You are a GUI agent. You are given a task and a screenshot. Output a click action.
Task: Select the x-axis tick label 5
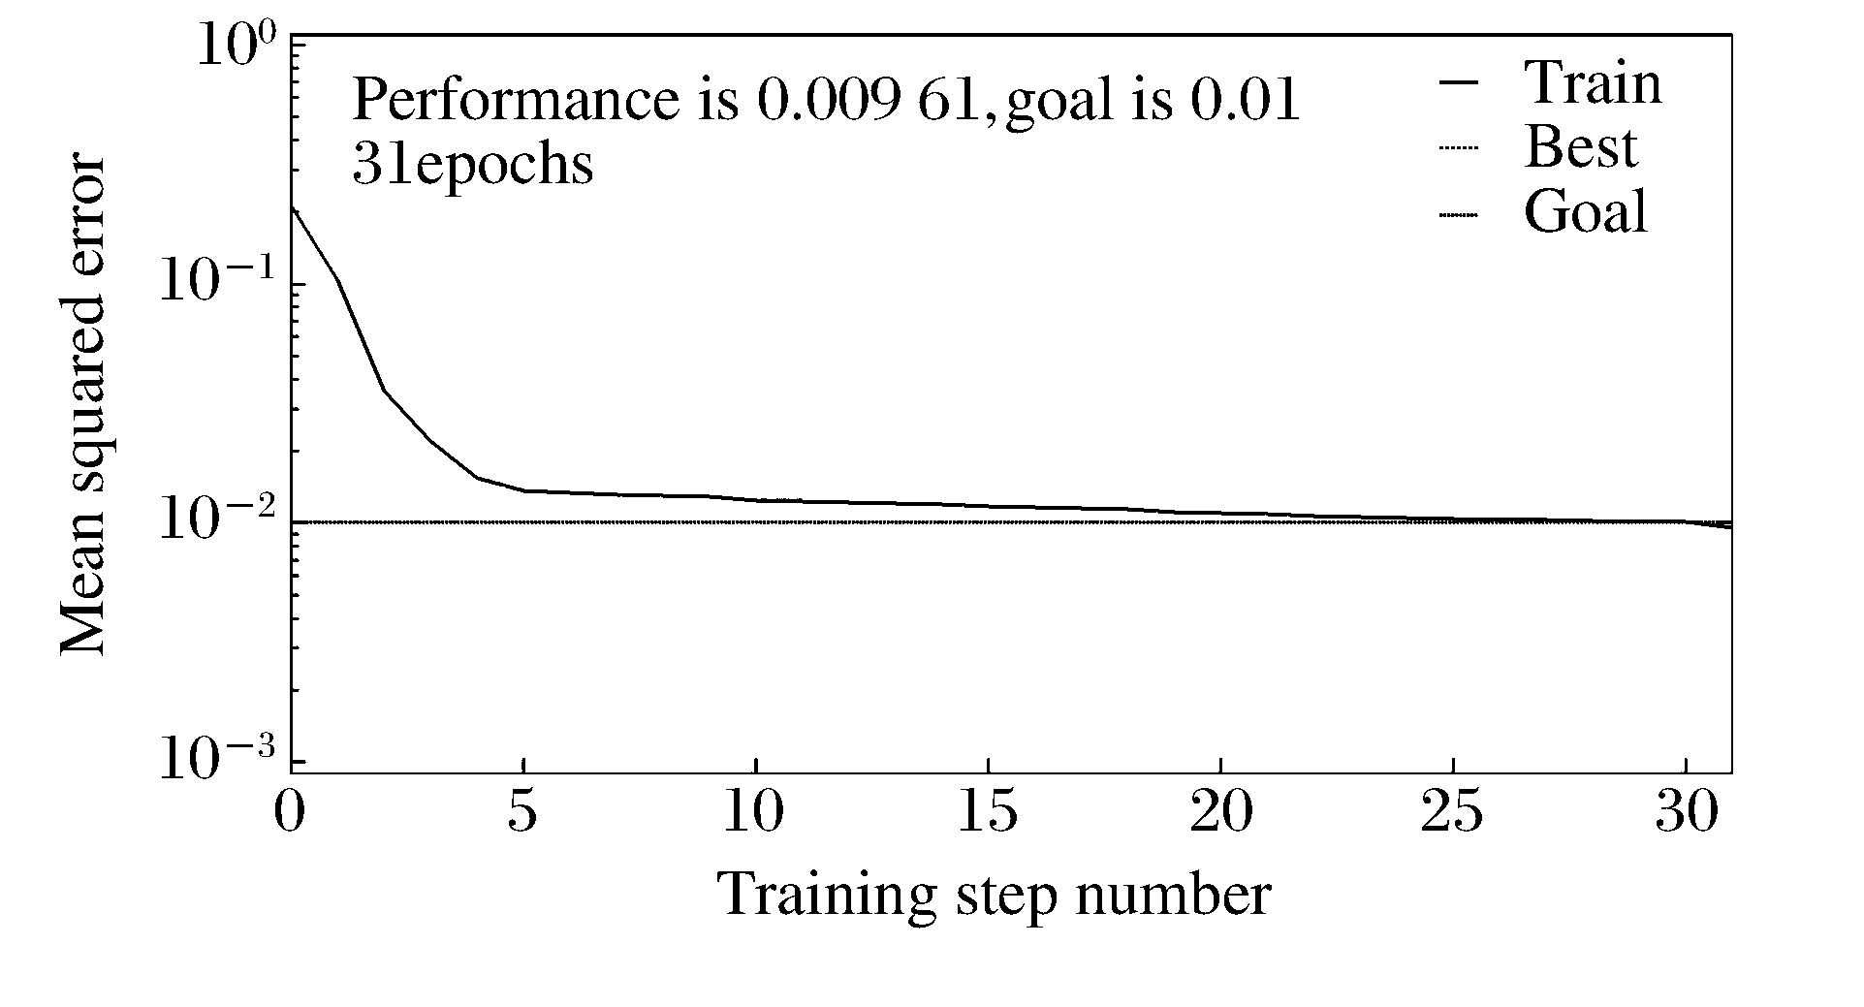point(522,813)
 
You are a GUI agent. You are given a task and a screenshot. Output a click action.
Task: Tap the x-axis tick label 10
point(753,813)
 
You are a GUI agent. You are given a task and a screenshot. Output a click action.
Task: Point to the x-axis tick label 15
point(987,813)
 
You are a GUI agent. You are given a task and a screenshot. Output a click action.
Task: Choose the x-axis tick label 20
point(1219,813)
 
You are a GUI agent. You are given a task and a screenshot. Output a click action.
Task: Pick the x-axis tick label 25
point(1452,813)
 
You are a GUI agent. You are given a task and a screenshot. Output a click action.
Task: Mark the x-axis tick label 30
point(1685,813)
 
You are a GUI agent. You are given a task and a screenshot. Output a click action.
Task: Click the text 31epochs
point(472,165)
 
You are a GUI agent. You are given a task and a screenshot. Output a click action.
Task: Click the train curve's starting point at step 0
point(292,207)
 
